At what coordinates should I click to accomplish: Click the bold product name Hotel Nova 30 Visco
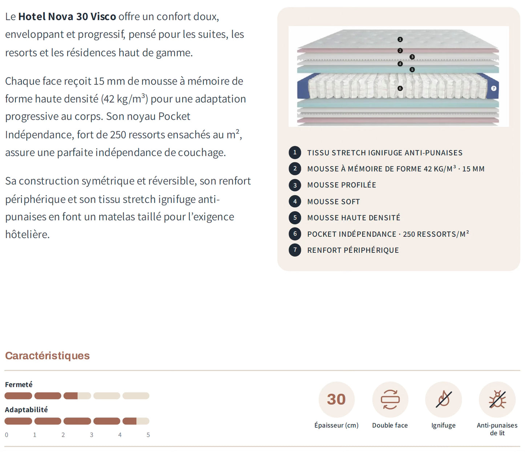tap(67, 17)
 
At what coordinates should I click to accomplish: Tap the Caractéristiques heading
tap(47, 356)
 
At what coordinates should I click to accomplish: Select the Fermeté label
tap(19, 384)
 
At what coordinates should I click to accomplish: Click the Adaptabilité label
tap(27, 409)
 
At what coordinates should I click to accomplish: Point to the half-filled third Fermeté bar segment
tap(77, 396)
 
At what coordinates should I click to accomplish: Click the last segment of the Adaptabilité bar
tap(136, 421)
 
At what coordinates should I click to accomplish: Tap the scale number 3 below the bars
tap(92, 435)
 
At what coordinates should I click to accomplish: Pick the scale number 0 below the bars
tap(7, 435)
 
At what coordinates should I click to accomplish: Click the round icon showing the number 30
tap(336, 399)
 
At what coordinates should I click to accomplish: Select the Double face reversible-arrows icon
tap(390, 399)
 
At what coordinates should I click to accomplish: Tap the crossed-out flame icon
tap(444, 399)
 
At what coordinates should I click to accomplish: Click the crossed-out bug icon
tap(497, 399)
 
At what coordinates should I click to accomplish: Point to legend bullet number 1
tap(295, 152)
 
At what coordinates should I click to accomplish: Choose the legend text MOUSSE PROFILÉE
tap(342, 185)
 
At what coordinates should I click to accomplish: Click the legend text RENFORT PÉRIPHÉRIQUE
tap(353, 250)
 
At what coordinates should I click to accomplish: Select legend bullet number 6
tap(295, 234)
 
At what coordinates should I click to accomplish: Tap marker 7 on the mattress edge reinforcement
tap(493, 88)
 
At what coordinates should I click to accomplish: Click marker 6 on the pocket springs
tap(400, 88)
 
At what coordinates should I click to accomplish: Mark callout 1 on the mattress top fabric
tap(400, 39)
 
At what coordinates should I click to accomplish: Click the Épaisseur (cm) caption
tap(336, 425)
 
